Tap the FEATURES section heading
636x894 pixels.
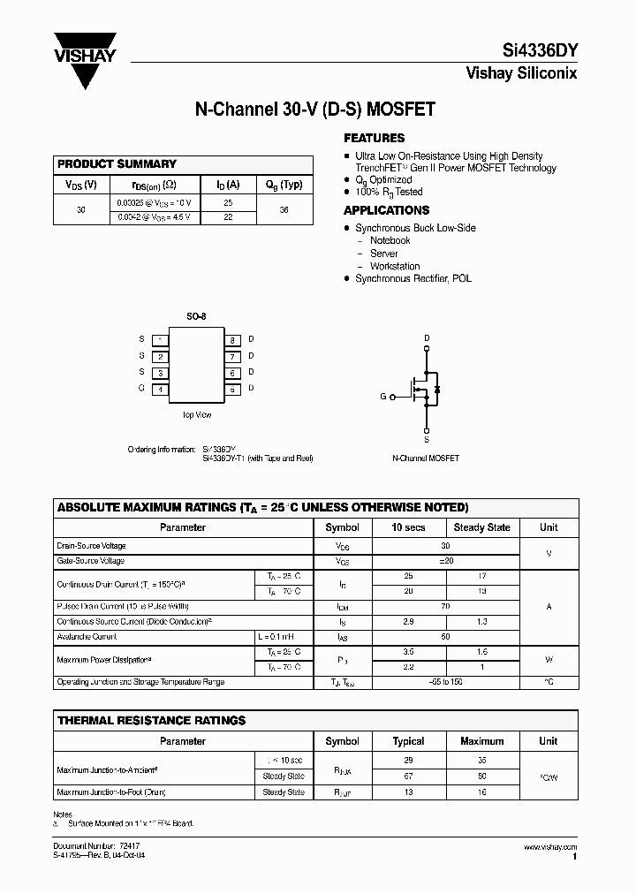[x=374, y=138]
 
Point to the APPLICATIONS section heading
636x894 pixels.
[x=386, y=210]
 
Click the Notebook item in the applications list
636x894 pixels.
[x=390, y=240]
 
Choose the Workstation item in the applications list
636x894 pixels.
[x=395, y=266]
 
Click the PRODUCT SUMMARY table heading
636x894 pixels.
[x=117, y=164]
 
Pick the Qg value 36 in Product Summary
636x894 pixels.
[x=284, y=210]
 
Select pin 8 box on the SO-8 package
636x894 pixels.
[x=232, y=340]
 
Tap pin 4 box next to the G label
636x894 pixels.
[x=160, y=389]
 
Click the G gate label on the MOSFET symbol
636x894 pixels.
[x=383, y=397]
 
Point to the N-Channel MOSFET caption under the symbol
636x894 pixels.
[x=426, y=458]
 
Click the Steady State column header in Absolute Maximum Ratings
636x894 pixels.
[x=481, y=527]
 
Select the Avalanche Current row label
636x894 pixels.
[x=87, y=636]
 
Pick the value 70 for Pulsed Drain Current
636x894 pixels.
[x=445, y=607]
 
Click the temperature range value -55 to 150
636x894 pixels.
[x=445, y=682]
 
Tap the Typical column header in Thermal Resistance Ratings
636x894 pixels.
[x=408, y=741]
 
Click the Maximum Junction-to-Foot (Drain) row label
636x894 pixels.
[x=111, y=792]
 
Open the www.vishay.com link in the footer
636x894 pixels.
[x=550, y=847]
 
